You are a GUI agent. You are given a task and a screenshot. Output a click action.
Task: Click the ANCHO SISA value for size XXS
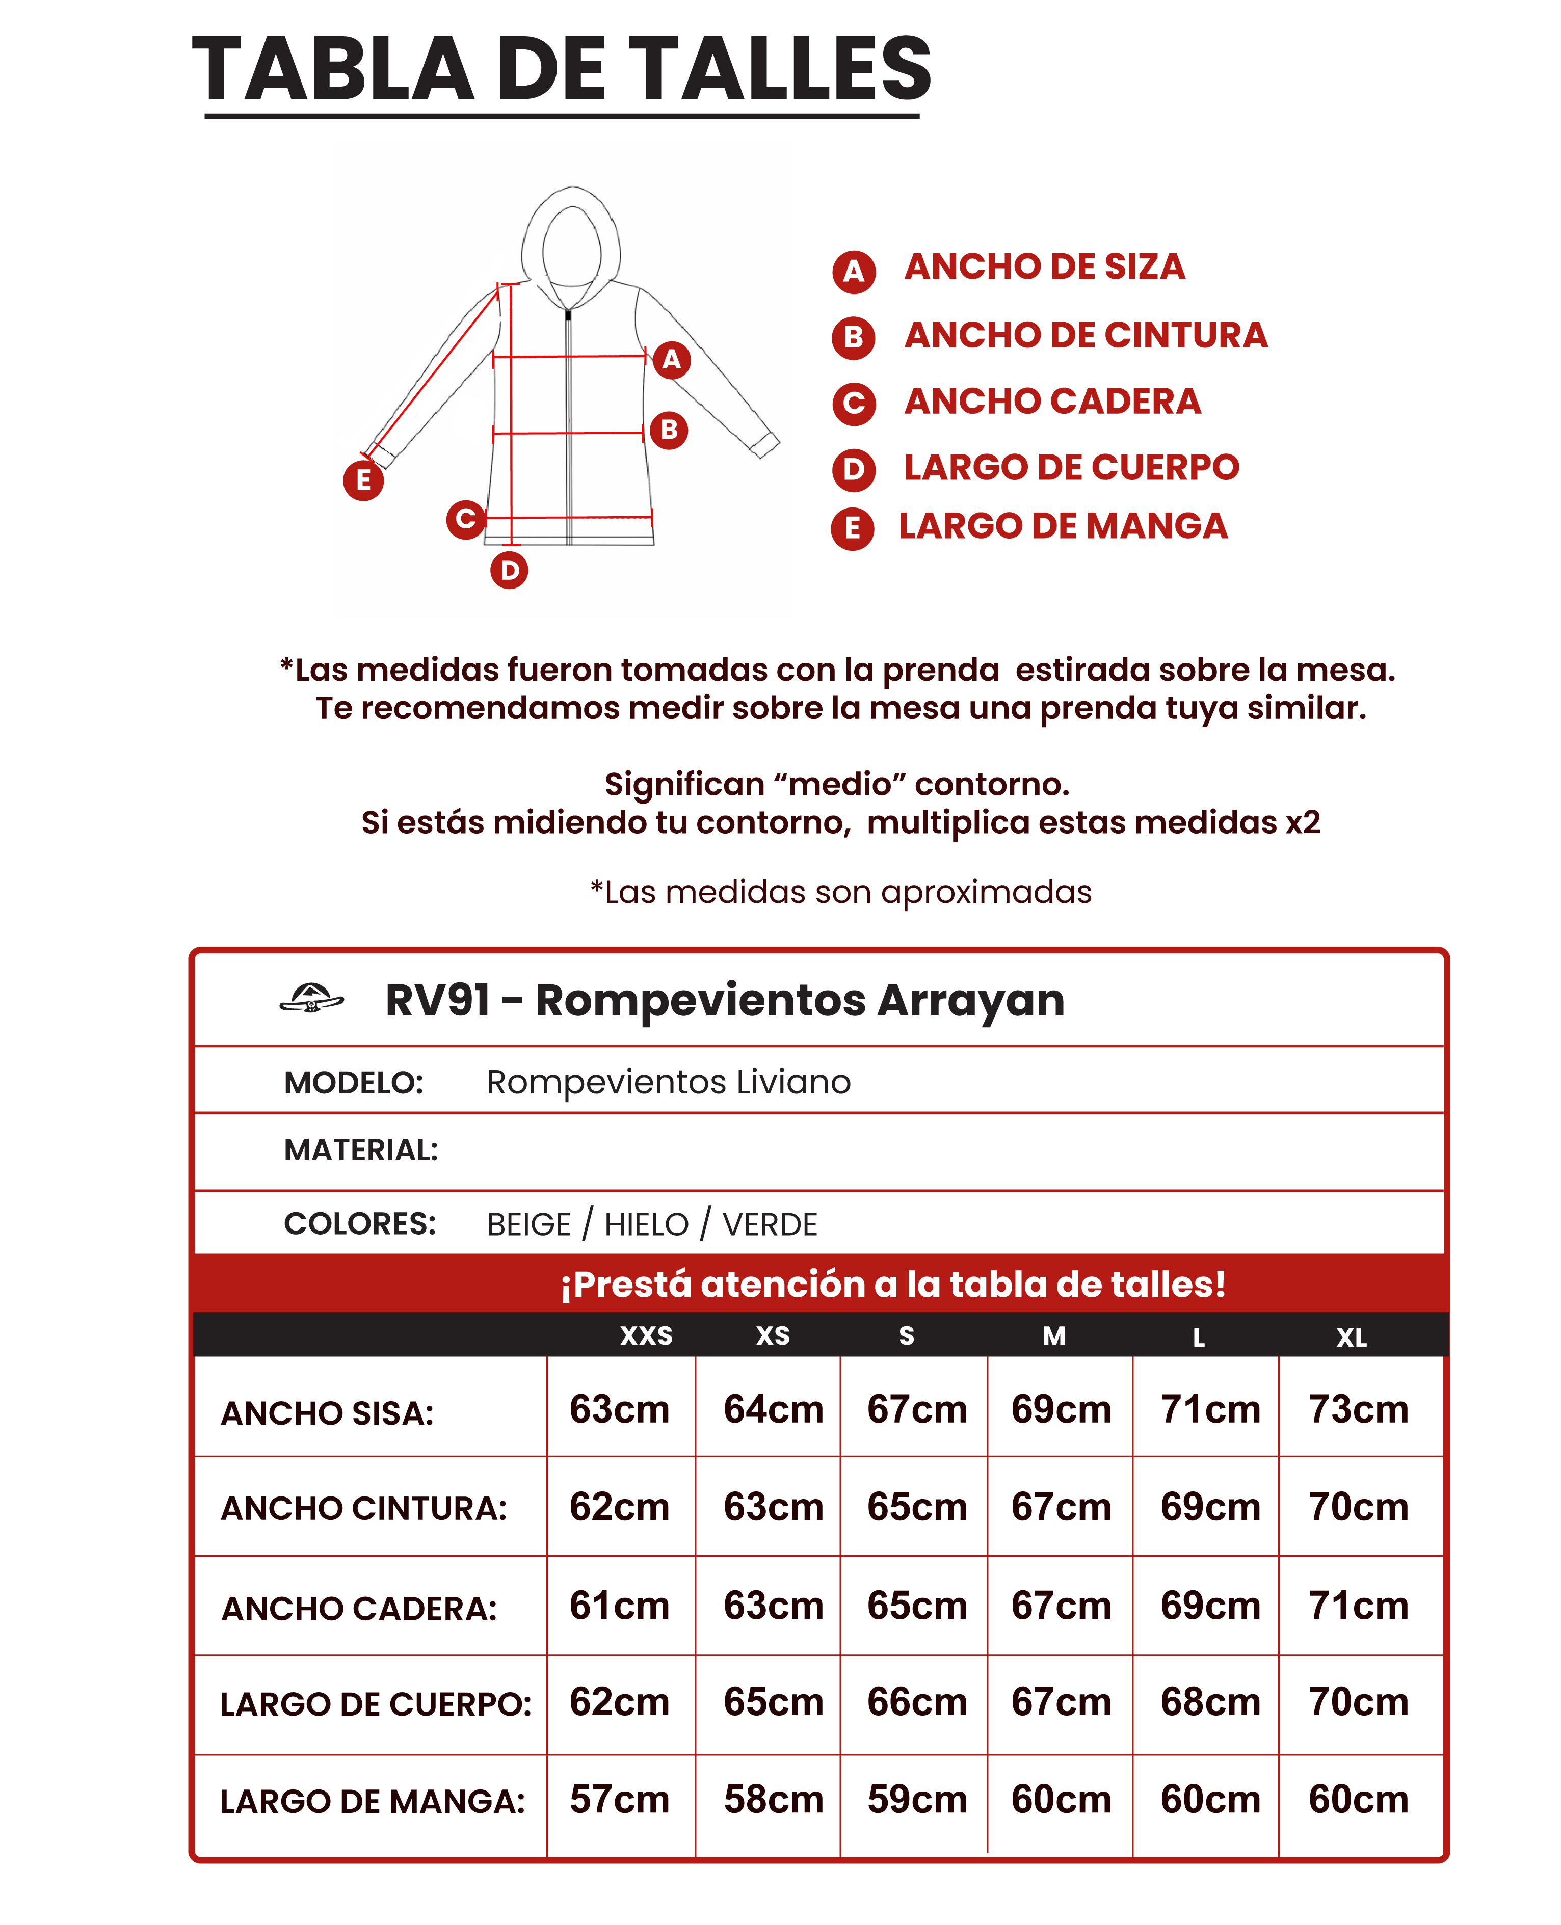(x=620, y=1409)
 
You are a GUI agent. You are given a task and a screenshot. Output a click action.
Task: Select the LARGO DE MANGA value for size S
(x=916, y=1799)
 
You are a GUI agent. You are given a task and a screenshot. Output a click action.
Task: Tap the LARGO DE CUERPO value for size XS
(x=773, y=1702)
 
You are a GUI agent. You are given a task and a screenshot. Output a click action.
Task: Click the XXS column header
(x=647, y=1336)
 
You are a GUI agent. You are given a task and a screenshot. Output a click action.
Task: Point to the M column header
(x=1054, y=1336)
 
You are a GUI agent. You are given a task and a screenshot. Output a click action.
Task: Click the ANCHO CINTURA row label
(x=364, y=1509)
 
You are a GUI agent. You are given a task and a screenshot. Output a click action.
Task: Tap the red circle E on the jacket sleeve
(x=363, y=480)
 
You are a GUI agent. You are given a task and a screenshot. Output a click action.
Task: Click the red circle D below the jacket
(x=509, y=570)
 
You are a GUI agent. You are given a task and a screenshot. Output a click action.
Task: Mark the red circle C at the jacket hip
(x=466, y=519)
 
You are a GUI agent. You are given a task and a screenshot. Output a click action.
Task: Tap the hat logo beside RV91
(x=311, y=998)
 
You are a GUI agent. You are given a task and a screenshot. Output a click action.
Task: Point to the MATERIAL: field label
(x=361, y=1150)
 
